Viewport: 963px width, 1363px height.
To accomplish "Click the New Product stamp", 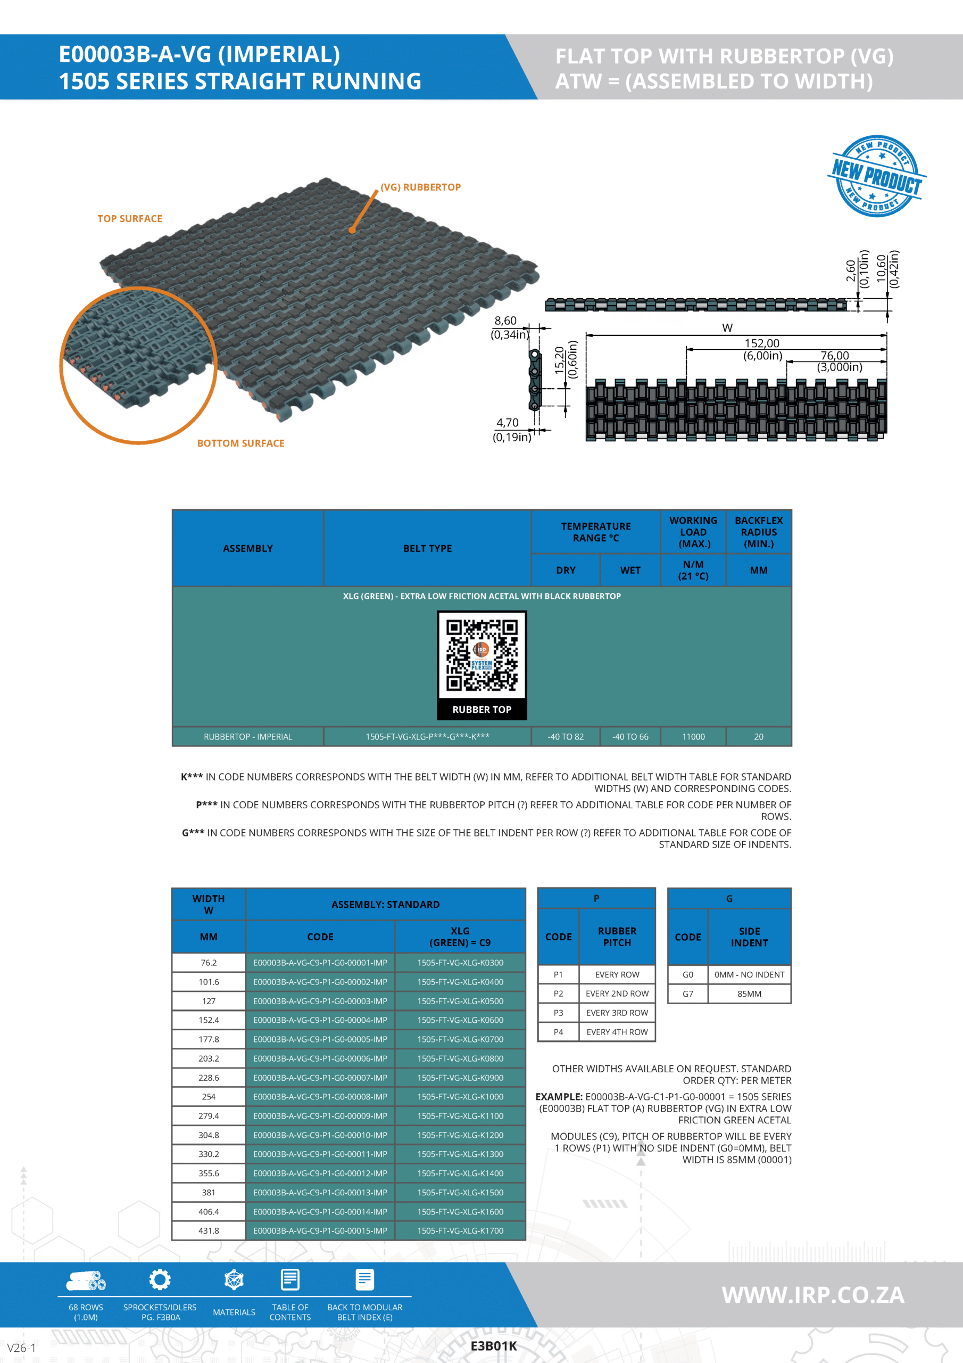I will (876, 176).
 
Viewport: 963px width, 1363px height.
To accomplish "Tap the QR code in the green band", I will (482, 655).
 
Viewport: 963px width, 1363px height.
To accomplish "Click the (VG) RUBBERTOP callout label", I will (420, 187).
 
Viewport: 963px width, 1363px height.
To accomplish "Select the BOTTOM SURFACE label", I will (240, 444).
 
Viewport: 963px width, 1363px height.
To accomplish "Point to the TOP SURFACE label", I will (129, 218).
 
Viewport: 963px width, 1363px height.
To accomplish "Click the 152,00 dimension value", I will (762, 343).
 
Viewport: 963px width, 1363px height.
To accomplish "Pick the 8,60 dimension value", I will (505, 321).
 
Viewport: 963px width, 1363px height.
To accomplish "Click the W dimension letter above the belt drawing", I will (727, 327).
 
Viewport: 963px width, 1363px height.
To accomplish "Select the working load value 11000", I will (693, 737).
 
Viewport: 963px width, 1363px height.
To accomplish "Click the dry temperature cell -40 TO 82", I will (566, 737).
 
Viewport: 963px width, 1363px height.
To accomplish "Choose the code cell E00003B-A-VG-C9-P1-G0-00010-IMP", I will (320, 1135).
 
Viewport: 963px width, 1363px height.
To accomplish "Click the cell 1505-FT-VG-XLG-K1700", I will (460, 1230).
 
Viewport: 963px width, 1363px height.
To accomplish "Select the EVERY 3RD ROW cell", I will (617, 1013).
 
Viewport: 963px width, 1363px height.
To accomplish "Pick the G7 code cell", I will (688, 993).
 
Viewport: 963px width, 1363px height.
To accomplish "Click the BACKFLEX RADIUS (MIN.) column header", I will (758, 532).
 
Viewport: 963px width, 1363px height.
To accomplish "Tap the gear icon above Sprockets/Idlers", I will (160, 1279).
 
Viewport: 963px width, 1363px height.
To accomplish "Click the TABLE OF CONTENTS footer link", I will (290, 1312).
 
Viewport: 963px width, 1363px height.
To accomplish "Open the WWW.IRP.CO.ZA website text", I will (813, 1295).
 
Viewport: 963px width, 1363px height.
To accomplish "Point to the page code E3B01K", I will (494, 1346).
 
